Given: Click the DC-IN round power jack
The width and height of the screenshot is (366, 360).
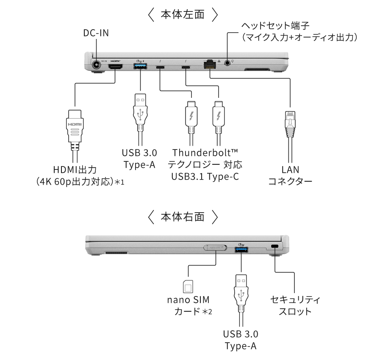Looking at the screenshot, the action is [x=96, y=65].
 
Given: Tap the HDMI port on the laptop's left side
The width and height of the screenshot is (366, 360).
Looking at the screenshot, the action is [x=115, y=66].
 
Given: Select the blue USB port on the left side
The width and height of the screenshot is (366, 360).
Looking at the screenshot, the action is [x=140, y=66].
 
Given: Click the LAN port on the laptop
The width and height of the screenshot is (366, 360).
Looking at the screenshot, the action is [x=210, y=64].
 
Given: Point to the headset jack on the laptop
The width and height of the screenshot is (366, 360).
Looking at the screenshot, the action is [x=227, y=63].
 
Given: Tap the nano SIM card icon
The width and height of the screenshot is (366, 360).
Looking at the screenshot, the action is [x=188, y=286].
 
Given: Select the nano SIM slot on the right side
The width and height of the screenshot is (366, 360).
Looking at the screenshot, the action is [x=215, y=247].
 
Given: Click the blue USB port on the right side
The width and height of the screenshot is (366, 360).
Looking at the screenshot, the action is [x=241, y=249].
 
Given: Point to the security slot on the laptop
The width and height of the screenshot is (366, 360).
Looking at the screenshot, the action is [x=275, y=246].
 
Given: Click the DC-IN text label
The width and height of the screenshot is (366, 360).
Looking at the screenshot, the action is [x=96, y=33].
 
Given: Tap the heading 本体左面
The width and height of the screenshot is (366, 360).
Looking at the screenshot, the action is [x=183, y=14].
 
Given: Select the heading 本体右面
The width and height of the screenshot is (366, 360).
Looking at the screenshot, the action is [x=183, y=216].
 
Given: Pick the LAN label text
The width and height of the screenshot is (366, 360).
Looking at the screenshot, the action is [x=290, y=169].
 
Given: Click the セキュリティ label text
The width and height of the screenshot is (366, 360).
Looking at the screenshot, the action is [x=295, y=299].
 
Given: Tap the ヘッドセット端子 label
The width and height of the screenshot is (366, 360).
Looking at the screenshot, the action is [x=275, y=26].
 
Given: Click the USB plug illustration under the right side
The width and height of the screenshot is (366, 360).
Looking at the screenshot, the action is [x=241, y=301].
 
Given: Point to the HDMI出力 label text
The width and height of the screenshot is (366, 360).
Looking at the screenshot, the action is [x=75, y=169].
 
